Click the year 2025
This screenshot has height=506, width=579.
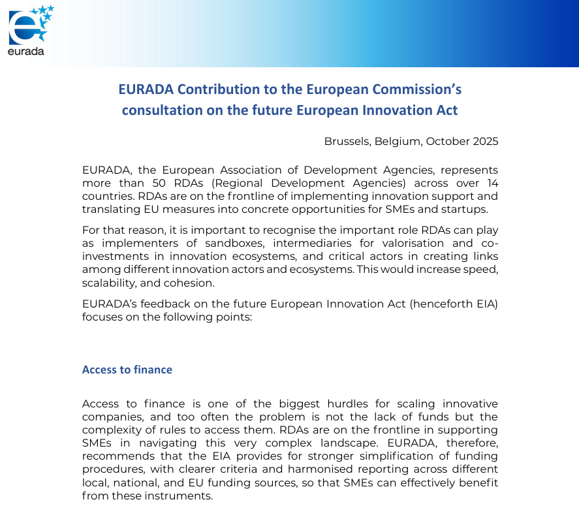(x=484, y=141)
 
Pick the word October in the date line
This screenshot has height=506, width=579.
(x=445, y=141)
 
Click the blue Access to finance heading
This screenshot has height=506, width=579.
(x=127, y=370)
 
